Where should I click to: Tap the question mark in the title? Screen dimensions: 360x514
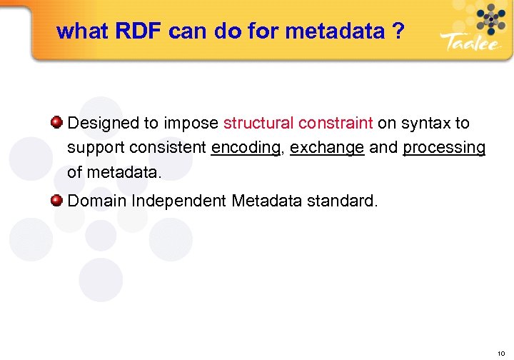point(397,31)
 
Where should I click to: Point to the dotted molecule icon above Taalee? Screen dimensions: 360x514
point(489,17)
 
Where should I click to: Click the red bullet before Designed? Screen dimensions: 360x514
point(56,122)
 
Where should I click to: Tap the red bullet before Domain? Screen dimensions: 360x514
point(56,200)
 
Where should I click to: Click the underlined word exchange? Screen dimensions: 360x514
point(327,148)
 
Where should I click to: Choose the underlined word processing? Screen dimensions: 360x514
point(444,148)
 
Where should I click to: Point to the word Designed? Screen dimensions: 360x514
point(103,123)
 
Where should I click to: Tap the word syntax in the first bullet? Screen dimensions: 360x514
point(426,123)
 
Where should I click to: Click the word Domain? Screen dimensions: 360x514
point(97,201)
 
